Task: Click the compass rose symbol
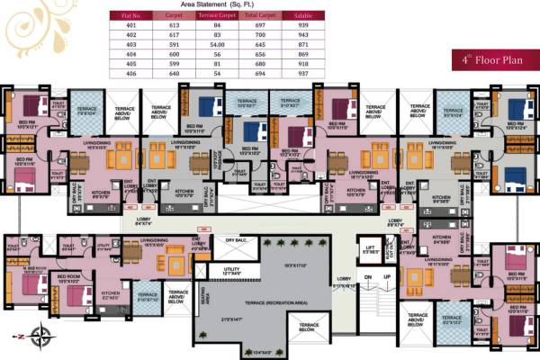point(40,338)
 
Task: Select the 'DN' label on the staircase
point(367,276)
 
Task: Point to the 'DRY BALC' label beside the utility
point(236,240)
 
